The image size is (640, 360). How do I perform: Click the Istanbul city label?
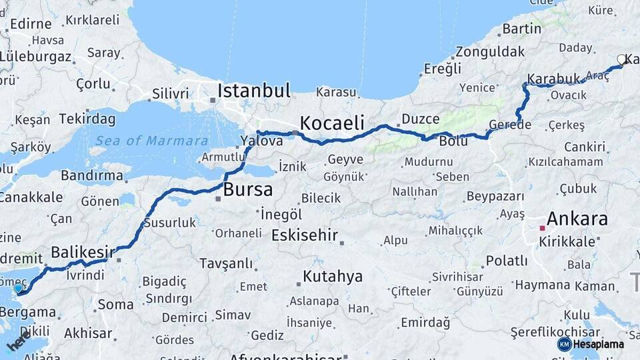(x=254, y=91)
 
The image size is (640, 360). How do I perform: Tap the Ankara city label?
(x=577, y=219)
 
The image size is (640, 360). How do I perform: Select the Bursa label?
(x=247, y=189)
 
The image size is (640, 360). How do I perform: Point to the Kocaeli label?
(x=332, y=123)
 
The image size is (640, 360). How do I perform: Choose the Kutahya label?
(x=332, y=276)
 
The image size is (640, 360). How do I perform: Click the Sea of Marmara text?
(x=151, y=141)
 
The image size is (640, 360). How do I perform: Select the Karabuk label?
(x=553, y=79)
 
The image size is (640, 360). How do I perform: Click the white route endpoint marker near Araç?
(x=621, y=59)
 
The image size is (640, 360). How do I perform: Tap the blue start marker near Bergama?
(x=18, y=289)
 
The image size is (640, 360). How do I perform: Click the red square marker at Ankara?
(x=542, y=228)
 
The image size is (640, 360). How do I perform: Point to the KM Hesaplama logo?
(x=591, y=344)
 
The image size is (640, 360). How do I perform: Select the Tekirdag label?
(x=87, y=119)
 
